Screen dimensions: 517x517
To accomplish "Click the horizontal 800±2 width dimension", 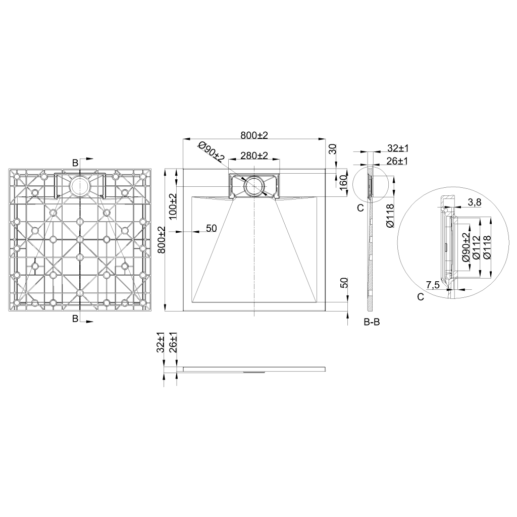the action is point(254,135).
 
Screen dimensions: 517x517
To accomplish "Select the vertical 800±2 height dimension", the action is point(162,240).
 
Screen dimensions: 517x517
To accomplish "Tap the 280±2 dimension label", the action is point(254,156).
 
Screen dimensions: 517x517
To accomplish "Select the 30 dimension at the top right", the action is point(333,149).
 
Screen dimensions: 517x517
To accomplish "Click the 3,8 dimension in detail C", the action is point(474,202).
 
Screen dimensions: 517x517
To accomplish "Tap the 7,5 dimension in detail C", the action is point(433,285).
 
